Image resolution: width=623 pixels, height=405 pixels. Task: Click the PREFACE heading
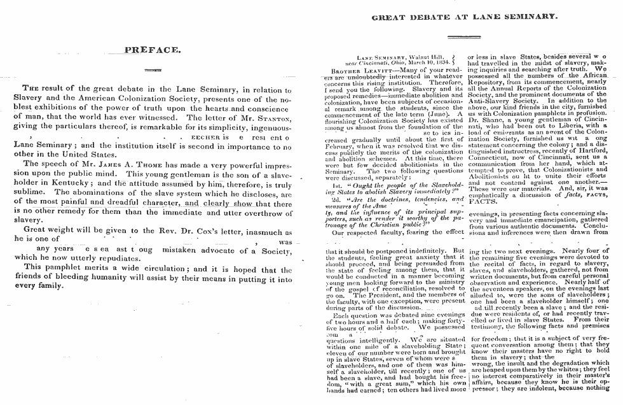[153, 49]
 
